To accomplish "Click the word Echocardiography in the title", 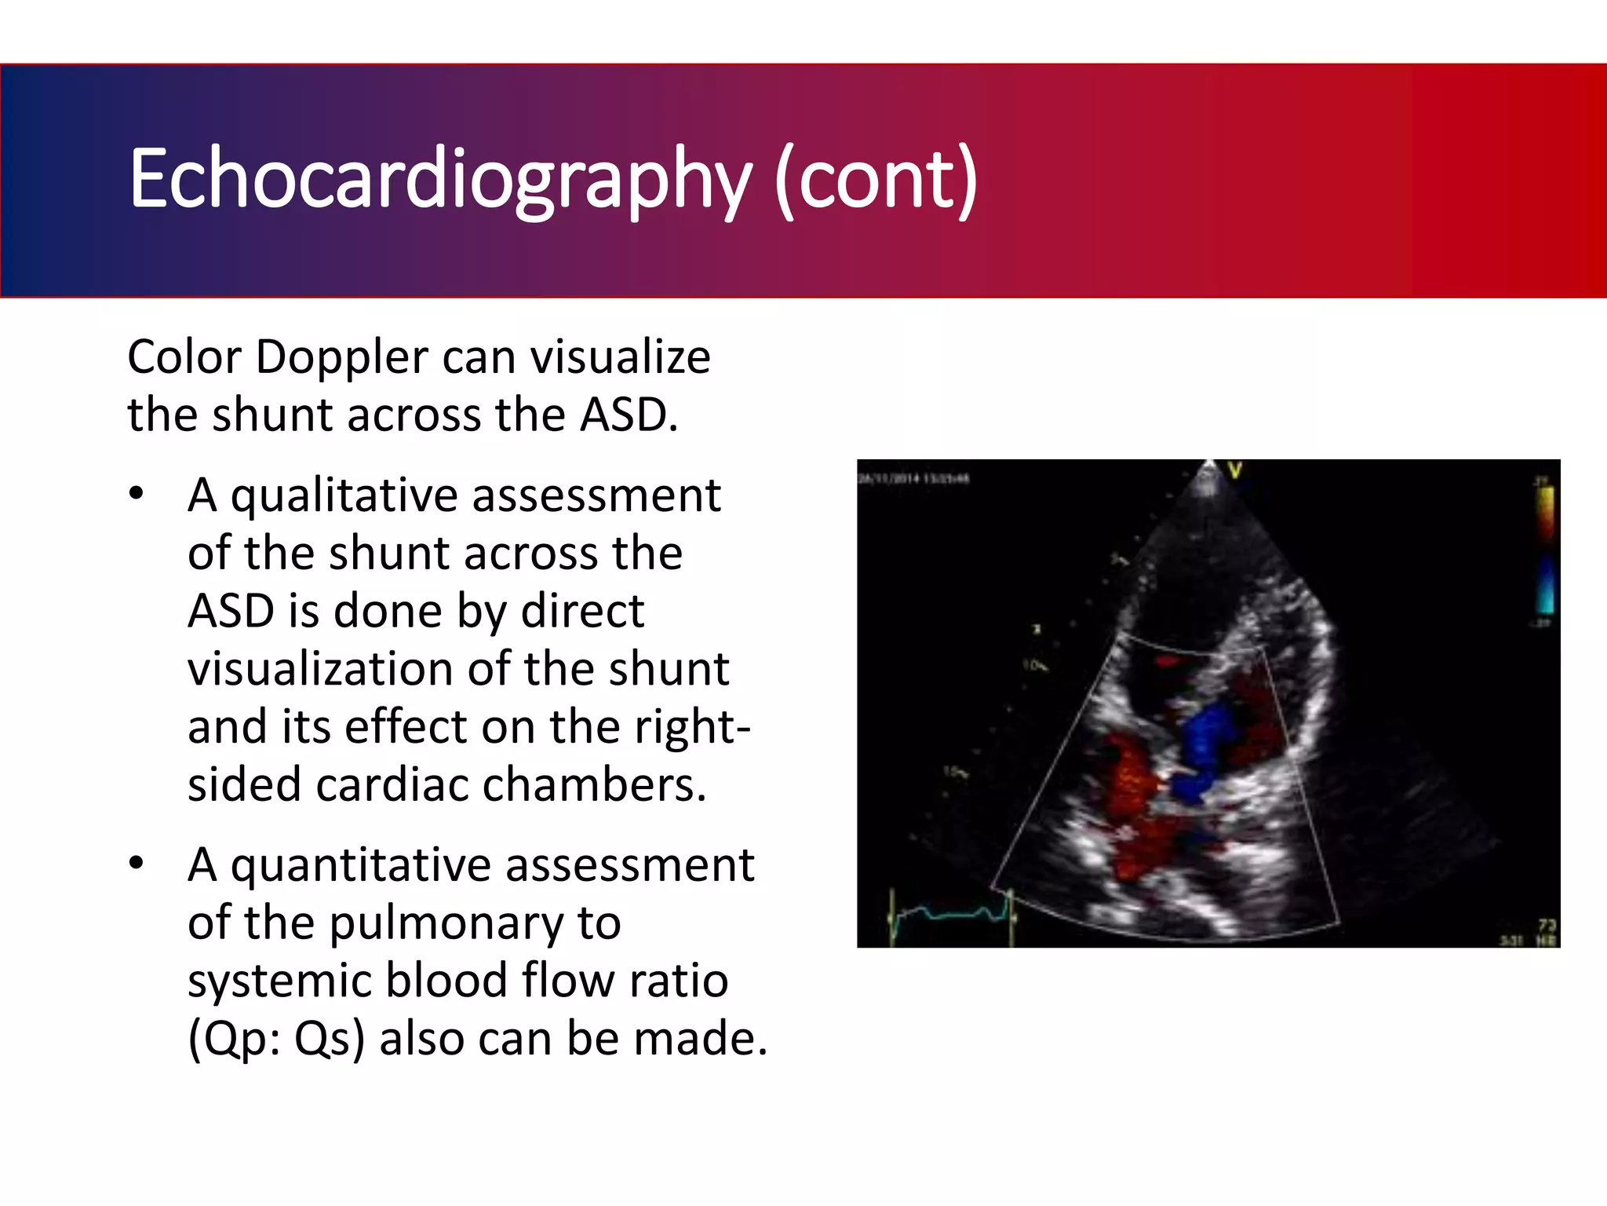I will [x=439, y=181].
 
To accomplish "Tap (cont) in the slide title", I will [x=876, y=181].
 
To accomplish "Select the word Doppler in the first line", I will [x=341, y=357].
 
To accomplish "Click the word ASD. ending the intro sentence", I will [x=628, y=415].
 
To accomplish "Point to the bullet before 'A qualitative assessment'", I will [x=137, y=494].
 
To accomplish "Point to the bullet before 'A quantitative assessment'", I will [x=137, y=863].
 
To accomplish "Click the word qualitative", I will [x=344, y=496].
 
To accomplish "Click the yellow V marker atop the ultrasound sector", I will [x=1235, y=471].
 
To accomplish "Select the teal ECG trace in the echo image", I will [x=949, y=913].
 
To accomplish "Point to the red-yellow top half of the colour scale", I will [x=1544, y=514].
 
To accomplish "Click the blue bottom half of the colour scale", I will [x=1544, y=585].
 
